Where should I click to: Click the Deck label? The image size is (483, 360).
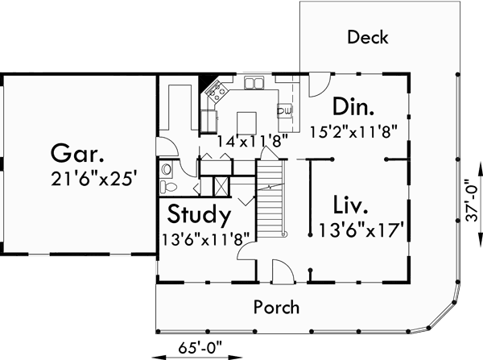pos(369,37)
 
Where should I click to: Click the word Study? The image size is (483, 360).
pos(200,215)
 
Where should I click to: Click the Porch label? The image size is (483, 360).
pos(276,307)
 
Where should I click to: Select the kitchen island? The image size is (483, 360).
pos(247,121)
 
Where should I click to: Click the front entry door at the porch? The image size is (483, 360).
pos(281,272)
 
